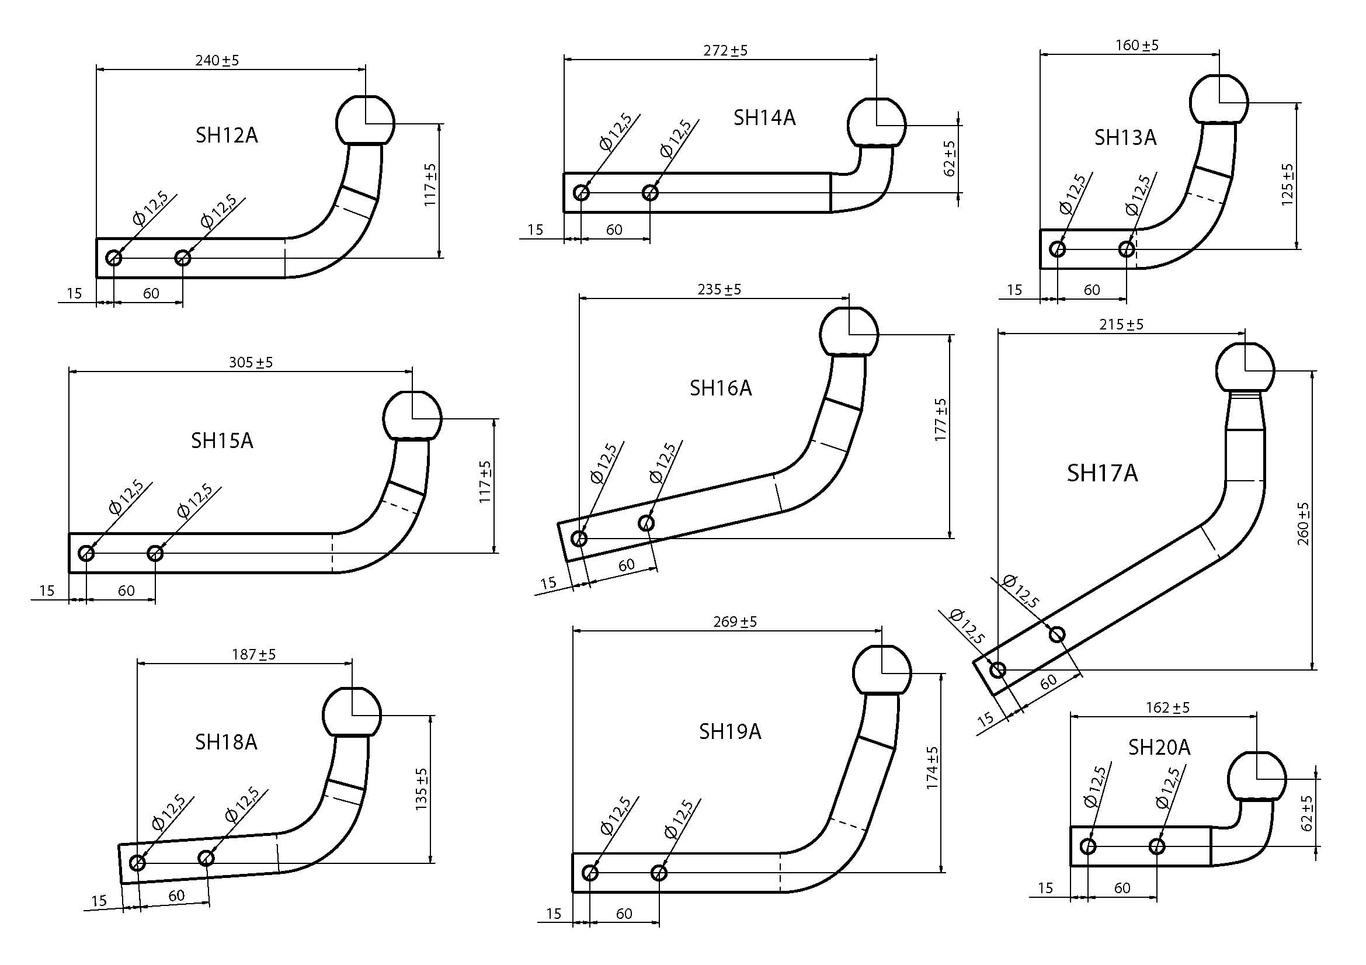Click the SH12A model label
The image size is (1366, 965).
coord(227,136)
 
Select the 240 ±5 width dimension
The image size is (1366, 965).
coord(217,61)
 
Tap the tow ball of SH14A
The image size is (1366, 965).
coord(877,123)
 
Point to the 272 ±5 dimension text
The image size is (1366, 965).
coord(725,51)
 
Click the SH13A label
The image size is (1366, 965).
coord(1125,138)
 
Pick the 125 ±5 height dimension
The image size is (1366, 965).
coord(1288,185)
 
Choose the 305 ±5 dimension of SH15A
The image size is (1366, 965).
coord(251,362)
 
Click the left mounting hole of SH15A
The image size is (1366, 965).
coord(86,553)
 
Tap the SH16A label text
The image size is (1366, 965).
coord(721,388)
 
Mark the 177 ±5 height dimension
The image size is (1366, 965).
coord(941,420)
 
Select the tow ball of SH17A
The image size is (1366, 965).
coord(1245,368)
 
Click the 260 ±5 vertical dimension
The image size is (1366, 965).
coord(1304,523)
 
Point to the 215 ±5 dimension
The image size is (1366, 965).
coord(1121,325)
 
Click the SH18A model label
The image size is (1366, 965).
coord(226,742)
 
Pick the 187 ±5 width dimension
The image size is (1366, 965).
coord(253,654)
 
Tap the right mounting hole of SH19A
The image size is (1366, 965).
coord(659,873)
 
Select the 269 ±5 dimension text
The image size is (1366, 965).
coord(735,622)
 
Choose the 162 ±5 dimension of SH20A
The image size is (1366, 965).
coord(1167,708)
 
